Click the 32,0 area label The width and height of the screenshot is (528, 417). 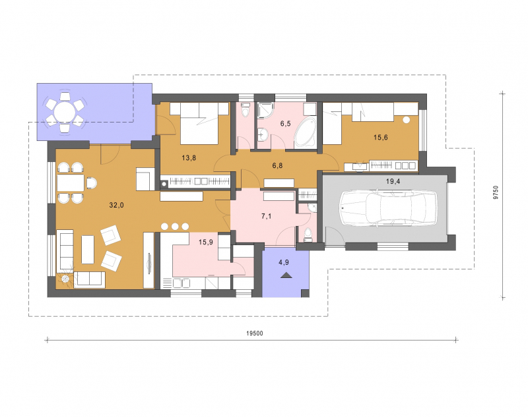click(117, 205)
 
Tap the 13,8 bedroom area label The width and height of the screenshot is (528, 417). click(189, 157)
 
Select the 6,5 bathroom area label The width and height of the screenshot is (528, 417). click(285, 123)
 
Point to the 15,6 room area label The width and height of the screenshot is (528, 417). click(381, 137)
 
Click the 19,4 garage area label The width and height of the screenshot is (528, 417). click(393, 182)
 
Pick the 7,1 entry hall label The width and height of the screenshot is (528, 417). click(267, 216)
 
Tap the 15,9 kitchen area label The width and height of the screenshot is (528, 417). click(206, 242)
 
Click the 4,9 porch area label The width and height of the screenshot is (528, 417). click(284, 262)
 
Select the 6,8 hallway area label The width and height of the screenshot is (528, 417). click(277, 165)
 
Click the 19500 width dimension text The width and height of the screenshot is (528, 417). click(255, 333)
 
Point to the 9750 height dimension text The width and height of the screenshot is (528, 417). click(496, 193)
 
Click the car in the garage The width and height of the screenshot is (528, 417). click(389, 208)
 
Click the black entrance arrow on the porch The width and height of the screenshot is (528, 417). click(286, 275)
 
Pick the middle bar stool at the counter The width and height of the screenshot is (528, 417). click(175, 227)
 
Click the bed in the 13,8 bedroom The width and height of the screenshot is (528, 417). click(200, 124)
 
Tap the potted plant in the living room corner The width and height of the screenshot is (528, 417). click(65, 279)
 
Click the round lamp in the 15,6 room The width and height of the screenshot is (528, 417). click(406, 120)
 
